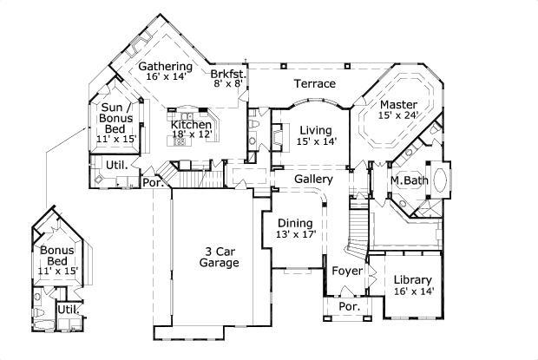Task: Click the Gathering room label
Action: [x=165, y=66]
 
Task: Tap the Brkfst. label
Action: [x=229, y=75]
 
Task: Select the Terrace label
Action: [x=314, y=84]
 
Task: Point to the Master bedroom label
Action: [x=398, y=105]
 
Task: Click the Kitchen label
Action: [x=191, y=125]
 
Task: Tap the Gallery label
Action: [x=313, y=179]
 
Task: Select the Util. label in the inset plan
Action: [x=67, y=310]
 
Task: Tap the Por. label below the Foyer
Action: [x=349, y=307]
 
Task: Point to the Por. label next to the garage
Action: [x=153, y=183]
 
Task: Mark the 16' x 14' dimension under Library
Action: [x=413, y=292]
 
